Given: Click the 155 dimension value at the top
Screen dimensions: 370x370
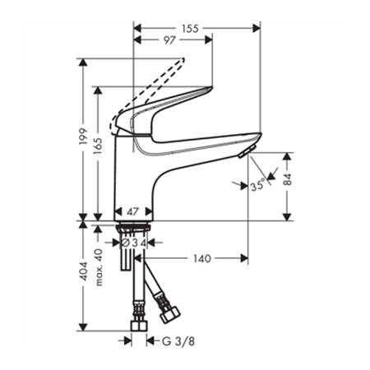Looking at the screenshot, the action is (x=190, y=28).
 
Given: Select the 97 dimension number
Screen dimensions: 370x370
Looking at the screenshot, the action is (x=169, y=40).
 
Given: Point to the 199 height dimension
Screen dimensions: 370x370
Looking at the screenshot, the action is (x=83, y=136).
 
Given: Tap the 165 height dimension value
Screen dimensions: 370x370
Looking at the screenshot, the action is (x=98, y=146).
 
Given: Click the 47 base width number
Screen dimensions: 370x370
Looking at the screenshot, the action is (x=132, y=211).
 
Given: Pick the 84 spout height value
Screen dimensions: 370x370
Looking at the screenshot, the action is (x=288, y=179).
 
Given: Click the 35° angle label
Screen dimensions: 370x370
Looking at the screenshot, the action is (x=258, y=185).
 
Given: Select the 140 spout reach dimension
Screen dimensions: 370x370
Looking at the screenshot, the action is (x=202, y=258).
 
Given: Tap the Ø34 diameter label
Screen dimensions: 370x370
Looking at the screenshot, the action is (x=134, y=243).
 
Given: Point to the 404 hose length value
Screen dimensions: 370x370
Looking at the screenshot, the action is (x=83, y=271).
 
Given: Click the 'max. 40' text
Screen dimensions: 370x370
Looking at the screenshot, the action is (x=99, y=267).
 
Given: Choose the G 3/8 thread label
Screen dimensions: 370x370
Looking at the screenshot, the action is (x=178, y=341).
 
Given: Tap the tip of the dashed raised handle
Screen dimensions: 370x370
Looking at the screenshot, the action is (x=183, y=58).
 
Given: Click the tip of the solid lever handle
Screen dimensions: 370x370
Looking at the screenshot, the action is (x=211, y=88).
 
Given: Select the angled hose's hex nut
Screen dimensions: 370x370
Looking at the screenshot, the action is (x=170, y=315).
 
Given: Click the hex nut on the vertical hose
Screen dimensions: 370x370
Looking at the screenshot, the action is (x=139, y=326).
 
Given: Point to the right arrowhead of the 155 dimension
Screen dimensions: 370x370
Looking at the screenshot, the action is (x=256, y=28).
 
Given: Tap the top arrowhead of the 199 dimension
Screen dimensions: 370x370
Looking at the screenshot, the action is (x=83, y=62).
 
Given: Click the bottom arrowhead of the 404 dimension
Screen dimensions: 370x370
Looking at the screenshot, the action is (x=83, y=327).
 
